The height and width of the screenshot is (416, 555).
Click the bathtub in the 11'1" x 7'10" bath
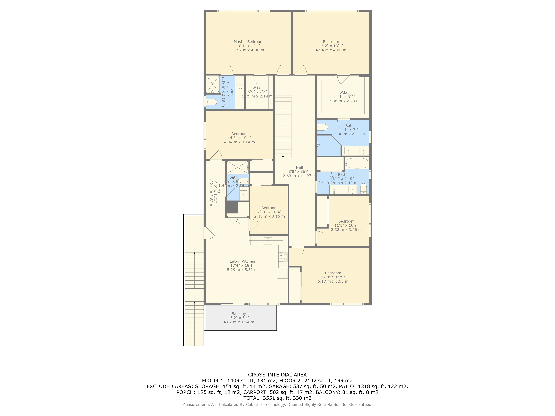pyautogui.click(x=357, y=163)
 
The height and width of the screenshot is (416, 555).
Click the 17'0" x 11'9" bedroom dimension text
pyautogui.click(x=333, y=277)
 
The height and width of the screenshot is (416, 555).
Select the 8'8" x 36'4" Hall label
pyautogui.click(x=299, y=168)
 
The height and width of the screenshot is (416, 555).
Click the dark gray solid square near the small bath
pyautogui.click(x=231, y=207)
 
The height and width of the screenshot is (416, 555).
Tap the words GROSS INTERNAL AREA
pyautogui.click(x=277, y=375)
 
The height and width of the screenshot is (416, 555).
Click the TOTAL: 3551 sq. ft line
pyautogui.click(x=277, y=398)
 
